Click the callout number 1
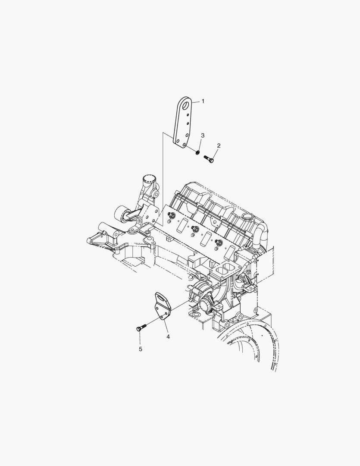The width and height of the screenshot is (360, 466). [203, 101]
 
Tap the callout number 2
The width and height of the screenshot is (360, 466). [219, 146]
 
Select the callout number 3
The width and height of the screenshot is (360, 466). [203, 135]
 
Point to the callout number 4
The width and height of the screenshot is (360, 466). [168, 337]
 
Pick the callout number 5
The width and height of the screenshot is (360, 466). [141, 349]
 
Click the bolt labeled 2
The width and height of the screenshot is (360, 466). [209, 159]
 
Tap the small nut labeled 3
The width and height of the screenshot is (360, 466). [197, 153]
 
